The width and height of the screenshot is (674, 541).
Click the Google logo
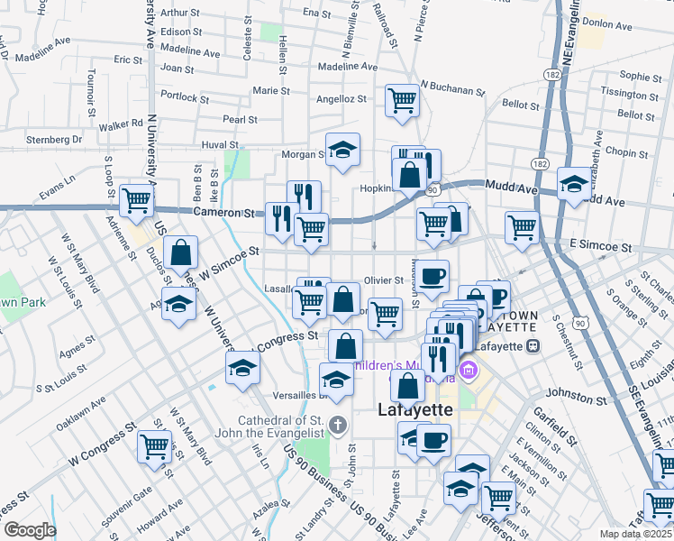pyautogui.click(x=31, y=529)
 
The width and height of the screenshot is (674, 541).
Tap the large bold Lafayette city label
pyautogui.click(x=413, y=410)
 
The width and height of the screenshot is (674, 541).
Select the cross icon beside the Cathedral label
pyautogui.click(x=338, y=424)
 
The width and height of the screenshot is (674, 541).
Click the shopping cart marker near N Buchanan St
pyautogui.click(x=402, y=100)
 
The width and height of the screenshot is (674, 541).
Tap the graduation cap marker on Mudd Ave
pyautogui.click(x=573, y=184)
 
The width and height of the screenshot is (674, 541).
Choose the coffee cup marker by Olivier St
pyautogui.click(x=433, y=275)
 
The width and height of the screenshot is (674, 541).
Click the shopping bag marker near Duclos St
pyautogui.click(x=180, y=253)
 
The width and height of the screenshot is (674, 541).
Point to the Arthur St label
pyautogui.click(x=179, y=13)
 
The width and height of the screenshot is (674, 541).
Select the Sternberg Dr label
pyautogui.click(x=54, y=140)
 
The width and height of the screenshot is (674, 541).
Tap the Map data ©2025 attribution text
pyautogui.click(x=634, y=534)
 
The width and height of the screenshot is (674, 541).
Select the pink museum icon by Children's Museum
pyautogui.click(x=469, y=369)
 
